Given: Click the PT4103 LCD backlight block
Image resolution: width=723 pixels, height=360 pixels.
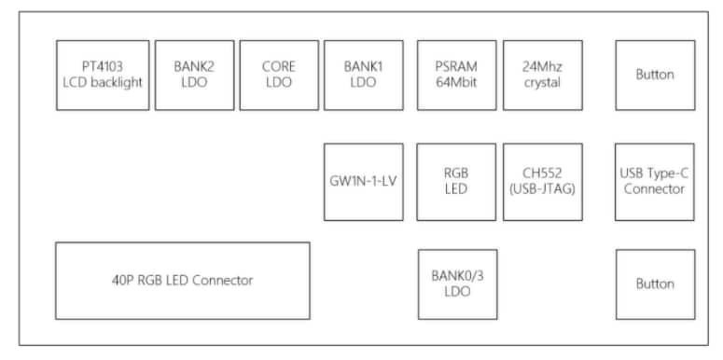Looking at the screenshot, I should click(103, 75).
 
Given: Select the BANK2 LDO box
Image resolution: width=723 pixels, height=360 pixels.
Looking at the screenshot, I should click(194, 75).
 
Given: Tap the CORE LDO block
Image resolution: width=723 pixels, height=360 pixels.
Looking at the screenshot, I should click(279, 75).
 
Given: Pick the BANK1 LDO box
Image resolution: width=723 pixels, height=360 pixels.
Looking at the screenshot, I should click(364, 75).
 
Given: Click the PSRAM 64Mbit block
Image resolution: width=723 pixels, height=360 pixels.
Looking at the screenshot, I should click(456, 75).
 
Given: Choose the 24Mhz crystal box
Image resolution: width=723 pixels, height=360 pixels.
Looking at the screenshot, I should click(542, 75).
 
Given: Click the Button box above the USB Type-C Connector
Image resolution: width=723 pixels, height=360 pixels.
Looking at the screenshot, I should click(655, 75).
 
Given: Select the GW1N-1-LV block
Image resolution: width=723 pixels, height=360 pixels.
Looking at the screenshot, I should click(364, 182).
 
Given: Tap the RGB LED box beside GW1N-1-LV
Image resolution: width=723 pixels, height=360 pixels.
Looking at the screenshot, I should click(456, 182).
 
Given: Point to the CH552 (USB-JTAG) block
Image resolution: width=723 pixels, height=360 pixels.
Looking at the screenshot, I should click(542, 182).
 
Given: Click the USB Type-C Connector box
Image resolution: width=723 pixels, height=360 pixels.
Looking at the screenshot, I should click(655, 182).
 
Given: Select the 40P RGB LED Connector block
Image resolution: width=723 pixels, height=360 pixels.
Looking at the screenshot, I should click(182, 281).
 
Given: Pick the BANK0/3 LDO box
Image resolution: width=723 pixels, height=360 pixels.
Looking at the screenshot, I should click(457, 284).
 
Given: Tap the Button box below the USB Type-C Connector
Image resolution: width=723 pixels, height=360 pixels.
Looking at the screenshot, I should click(655, 284).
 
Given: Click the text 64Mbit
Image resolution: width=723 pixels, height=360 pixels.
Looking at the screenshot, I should click(456, 83).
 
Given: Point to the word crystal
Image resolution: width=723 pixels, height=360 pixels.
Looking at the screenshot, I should click(542, 83).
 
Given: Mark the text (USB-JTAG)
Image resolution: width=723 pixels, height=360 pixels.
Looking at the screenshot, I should click(542, 190).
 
